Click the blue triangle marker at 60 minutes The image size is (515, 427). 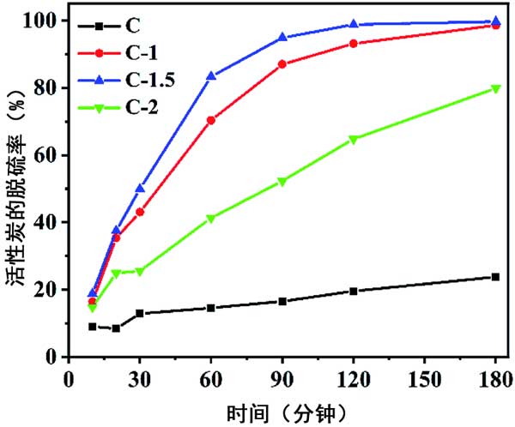pos(210,75)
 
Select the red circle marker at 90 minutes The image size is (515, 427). pos(282,64)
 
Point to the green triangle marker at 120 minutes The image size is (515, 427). pos(354,139)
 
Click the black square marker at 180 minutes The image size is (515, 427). pos(495,277)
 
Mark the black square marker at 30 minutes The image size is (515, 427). pos(140,314)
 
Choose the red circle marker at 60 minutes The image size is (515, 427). pos(210,120)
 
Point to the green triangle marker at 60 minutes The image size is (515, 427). pos(210,219)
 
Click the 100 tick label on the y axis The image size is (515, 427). pos(46,21)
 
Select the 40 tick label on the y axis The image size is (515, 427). pos(50,222)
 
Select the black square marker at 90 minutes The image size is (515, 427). pos(282,301)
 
